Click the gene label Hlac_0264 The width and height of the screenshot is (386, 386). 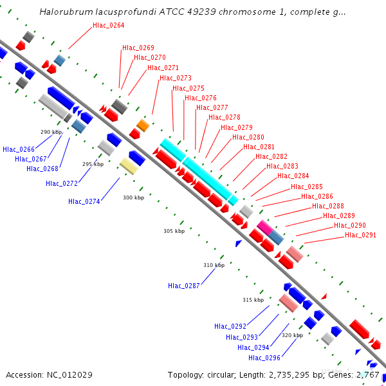(109, 26)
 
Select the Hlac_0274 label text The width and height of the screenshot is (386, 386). (84, 201)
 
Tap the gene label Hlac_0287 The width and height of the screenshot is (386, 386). (184, 286)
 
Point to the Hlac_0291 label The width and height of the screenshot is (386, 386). (361, 235)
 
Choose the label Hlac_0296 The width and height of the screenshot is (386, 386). (264, 358)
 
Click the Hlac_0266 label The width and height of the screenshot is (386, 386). (19, 149)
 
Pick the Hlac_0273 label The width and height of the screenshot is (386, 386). (176, 78)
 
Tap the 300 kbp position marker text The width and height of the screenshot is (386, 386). (134, 198)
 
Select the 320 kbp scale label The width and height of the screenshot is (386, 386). (292, 335)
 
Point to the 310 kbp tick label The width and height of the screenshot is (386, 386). (214, 265)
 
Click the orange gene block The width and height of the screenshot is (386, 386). (143, 125)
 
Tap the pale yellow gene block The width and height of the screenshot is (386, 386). (128, 167)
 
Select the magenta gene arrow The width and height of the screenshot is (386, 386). (264, 226)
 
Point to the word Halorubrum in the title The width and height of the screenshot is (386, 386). (62, 12)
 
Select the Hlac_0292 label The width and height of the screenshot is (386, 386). (230, 326)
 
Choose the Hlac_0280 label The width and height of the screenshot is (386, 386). (248, 137)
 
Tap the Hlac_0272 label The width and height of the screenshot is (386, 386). (62, 183)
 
